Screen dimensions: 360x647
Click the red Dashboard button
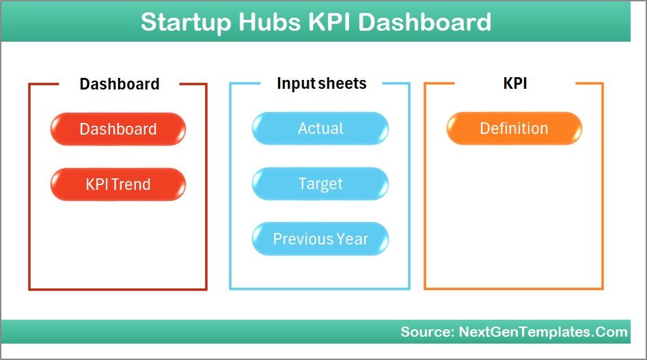click(x=118, y=129)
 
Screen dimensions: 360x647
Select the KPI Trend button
click(x=118, y=184)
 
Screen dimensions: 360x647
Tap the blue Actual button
click(x=320, y=128)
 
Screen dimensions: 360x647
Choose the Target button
click(x=320, y=184)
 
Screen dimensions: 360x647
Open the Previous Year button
click(x=320, y=239)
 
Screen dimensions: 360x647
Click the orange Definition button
click(x=514, y=128)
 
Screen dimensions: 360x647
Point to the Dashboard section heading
click(x=120, y=84)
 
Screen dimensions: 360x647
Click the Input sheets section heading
click(x=321, y=83)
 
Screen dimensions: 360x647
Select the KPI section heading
click(x=514, y=83)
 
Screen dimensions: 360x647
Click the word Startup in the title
click(x=186, y=22)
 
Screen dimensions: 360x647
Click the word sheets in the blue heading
click(x=342, y=83)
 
